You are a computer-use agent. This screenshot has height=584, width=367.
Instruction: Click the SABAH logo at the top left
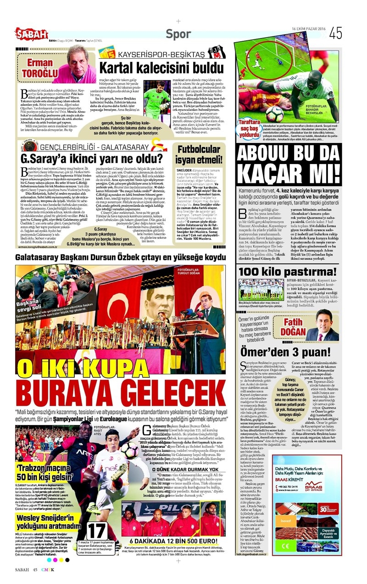tap(31, 33)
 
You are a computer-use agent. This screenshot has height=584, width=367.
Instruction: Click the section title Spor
tap(178, 33)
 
